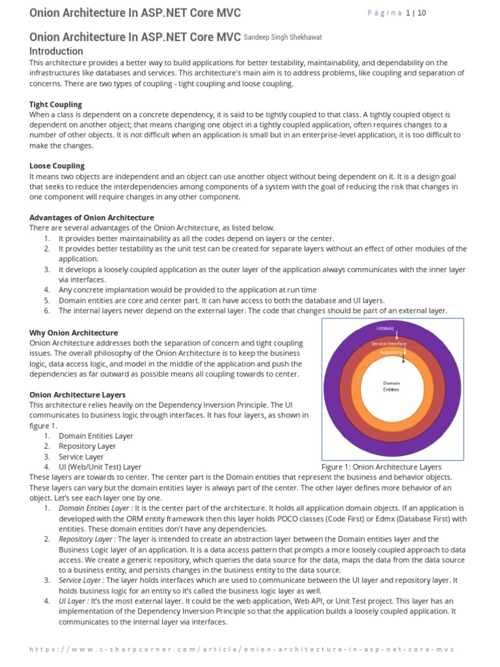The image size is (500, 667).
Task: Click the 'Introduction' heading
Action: point(57,51)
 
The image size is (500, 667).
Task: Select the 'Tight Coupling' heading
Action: point(56,104)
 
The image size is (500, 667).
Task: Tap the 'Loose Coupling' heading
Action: point(57,166)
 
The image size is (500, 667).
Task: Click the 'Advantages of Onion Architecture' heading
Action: point(92,218)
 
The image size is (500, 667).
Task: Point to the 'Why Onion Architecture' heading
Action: point(74,333)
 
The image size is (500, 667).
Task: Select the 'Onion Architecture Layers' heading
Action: point(77,395)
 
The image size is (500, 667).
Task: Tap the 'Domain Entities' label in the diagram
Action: point(391,386)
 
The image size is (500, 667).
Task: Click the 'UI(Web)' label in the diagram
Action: point(385,329)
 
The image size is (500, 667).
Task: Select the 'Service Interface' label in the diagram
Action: point(389,343)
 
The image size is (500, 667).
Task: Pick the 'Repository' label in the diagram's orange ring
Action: point(391,352)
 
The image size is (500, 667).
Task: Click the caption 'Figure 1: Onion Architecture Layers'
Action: point(382,467)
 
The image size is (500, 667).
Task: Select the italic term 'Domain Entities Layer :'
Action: point(96,508)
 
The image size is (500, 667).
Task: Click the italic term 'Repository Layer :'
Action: point(88,539)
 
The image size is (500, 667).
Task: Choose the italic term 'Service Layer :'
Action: point(81,580)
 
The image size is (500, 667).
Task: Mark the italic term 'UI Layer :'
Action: point(73,601)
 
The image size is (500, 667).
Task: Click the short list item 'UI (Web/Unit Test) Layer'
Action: point(100,467)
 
